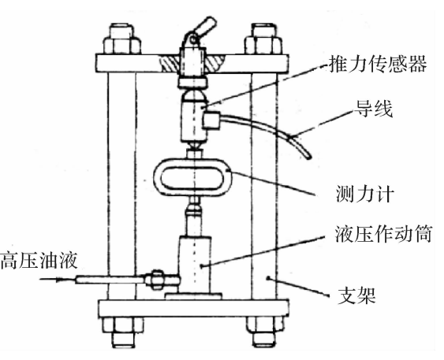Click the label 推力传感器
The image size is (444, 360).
(378, 64)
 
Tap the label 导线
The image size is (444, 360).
(374, 109)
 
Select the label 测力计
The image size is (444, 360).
(364, 194)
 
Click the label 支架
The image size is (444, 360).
(356, 296)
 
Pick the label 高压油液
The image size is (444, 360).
(39, 261)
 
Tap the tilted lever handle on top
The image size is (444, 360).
(204, 26)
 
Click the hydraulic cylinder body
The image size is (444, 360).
(195, 265)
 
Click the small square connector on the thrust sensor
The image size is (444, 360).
(212, 121)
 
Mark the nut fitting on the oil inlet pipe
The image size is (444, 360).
(156, 280)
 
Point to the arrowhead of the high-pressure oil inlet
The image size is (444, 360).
(58, 280)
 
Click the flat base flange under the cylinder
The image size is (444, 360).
(193, 296)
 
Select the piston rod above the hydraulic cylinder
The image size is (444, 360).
(194, 225)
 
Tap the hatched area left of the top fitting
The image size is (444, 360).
(170, 63)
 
